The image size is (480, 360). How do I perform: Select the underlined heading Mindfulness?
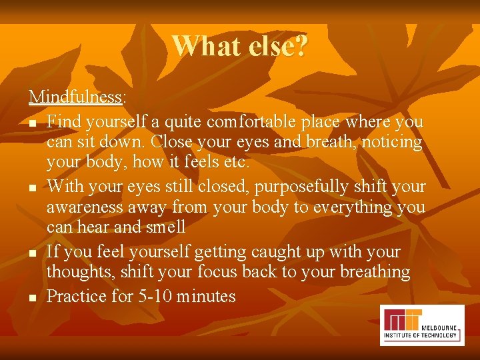[x=75, y=97]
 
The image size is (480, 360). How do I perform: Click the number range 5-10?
[x=157, y=296]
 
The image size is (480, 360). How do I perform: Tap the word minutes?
[x=207, y=296]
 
